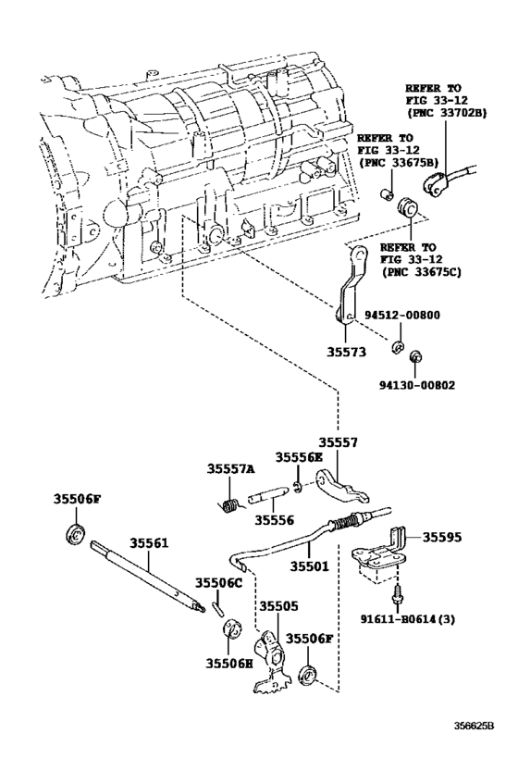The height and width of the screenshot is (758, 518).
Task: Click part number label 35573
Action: [x=346, y=352]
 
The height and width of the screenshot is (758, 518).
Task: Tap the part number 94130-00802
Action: [x=416, y=386]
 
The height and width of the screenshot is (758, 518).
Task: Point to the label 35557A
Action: [x=231, y=468]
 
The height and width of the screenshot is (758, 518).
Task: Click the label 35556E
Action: [x=299, y=457]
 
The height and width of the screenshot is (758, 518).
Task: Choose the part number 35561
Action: [x=149, y=543]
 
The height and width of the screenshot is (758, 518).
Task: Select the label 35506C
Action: [x=218, y=583]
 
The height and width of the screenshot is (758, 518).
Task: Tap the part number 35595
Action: [x=443, y=537]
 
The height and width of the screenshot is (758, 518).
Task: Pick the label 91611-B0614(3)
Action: [x=406, y=619]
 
